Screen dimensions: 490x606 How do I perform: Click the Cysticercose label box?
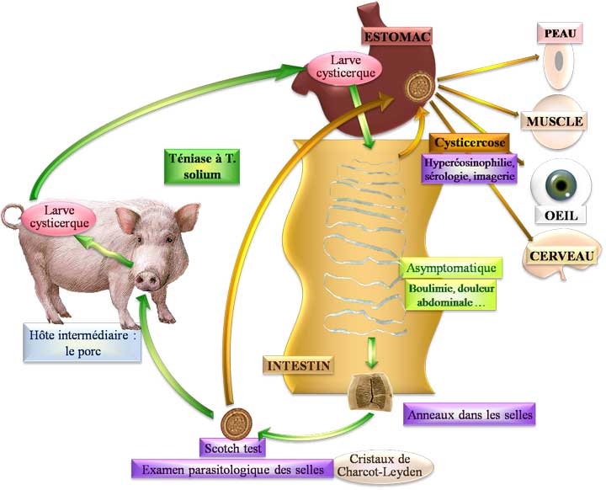tap(468, 143)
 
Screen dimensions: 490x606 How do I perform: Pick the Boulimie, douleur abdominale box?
tap(449, 294)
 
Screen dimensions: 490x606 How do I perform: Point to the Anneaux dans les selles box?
tap(470, 415)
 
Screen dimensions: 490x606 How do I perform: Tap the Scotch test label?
tap(232, 447)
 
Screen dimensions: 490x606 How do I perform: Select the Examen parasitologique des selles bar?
tap(230, 469)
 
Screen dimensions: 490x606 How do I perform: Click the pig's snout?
tap(148, 277)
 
